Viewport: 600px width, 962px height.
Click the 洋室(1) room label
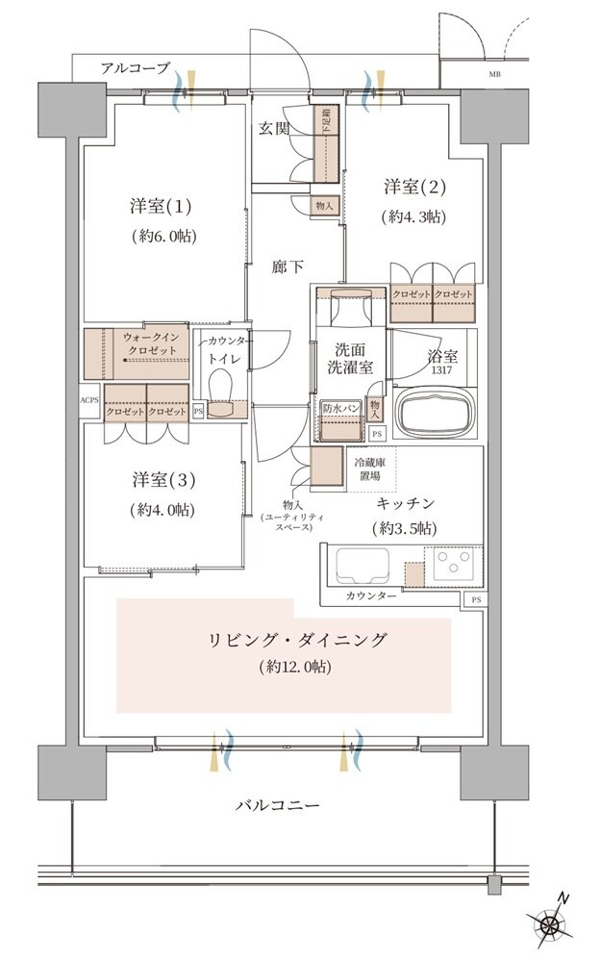pyautogui.click(x=161, y=207)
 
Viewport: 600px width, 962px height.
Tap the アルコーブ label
pyautogui.click(x=135, y=68)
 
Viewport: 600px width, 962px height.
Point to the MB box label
pyautogui.click(x=494, y=74)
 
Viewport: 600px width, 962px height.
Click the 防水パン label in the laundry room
pyautogui.click(x=340, y=409)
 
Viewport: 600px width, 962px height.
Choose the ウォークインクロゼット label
pyautogui.click(x=149, y=343)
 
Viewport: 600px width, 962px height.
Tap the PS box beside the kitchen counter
pyautogui.click(x=474, y=600)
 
